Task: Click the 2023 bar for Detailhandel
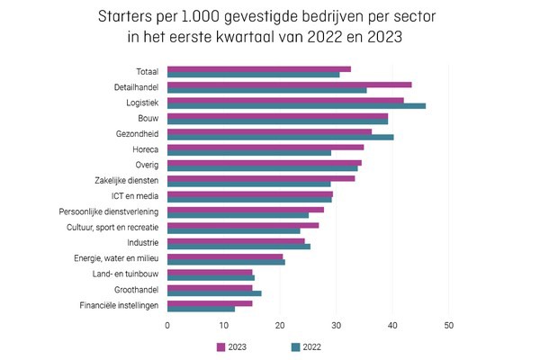click(x=288, y=85)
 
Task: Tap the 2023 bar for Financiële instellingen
click(x=209, y=303)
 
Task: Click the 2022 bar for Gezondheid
click(x=280, y=138)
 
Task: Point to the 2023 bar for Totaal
click(x=258, y=68)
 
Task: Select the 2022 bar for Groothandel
click(x=214, y=293)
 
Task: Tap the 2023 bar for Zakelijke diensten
click(x=260, y=178)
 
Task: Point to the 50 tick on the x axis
click(x=448, y=325)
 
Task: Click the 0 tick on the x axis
click(x=167, y=325)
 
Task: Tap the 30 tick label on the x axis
click(x=336, y=325)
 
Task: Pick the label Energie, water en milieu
click(x=117, y=258)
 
